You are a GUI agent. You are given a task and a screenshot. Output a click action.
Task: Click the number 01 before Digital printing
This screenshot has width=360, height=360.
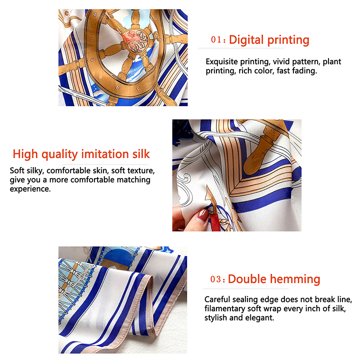click(216, 40)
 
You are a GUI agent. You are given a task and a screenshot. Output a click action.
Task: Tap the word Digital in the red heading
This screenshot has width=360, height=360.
click(246, 40)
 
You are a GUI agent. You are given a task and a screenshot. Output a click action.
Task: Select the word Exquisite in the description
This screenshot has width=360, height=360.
click(221, 62)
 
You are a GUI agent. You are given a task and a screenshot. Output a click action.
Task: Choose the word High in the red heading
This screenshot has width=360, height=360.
click(25, 154)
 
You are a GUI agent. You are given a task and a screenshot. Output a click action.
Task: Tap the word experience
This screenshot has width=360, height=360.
click(30, 189)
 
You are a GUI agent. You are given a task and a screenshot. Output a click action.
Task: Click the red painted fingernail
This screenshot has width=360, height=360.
click(203, 215)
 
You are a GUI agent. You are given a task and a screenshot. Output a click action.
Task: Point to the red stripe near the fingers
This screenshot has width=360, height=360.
click(216, 222)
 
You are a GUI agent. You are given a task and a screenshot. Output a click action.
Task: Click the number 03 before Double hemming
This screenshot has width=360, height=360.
click(216, 279)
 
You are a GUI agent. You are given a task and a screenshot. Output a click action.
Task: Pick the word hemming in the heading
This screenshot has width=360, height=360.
click(295, 279)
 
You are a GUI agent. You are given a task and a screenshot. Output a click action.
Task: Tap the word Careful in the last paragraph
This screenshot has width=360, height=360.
click(217, 299)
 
